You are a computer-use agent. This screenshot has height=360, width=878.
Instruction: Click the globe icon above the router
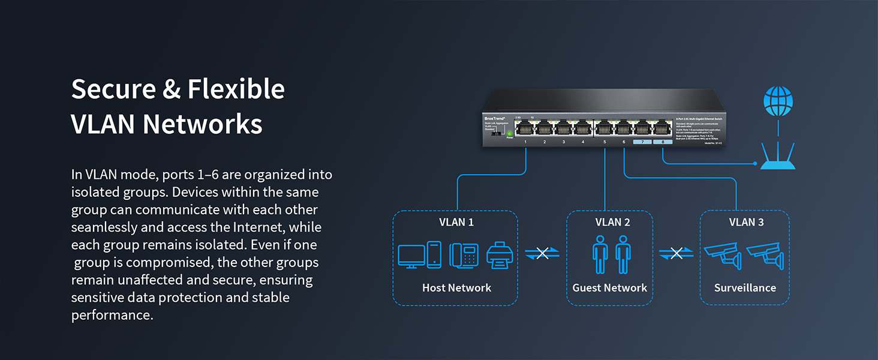pos(778,102)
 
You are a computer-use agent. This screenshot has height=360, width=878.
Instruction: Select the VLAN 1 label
pos(456,223)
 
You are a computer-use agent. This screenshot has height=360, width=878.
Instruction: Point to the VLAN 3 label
pos(746,223)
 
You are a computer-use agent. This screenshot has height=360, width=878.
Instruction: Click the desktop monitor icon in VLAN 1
pos(411,255)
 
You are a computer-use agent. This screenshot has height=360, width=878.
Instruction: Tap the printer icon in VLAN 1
pos(498,255)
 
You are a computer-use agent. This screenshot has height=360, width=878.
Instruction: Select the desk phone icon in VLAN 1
pos(464,255)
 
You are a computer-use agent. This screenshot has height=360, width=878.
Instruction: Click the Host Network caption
pos(456,288)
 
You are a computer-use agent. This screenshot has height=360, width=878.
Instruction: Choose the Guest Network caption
pos(609,288)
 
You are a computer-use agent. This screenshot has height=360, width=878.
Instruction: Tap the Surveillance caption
pos(745,288)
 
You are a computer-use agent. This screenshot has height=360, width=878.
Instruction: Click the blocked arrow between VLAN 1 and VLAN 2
pos(542,254)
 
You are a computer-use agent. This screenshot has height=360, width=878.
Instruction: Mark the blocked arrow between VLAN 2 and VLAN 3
pos(676,254)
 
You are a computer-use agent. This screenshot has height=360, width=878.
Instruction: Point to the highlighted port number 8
pos(663,142)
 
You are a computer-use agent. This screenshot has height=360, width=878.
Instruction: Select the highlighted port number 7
pos(642,142)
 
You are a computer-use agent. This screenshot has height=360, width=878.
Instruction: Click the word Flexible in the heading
pos(236,89)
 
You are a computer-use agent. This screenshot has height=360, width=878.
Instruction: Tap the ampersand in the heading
pos(172,89)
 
